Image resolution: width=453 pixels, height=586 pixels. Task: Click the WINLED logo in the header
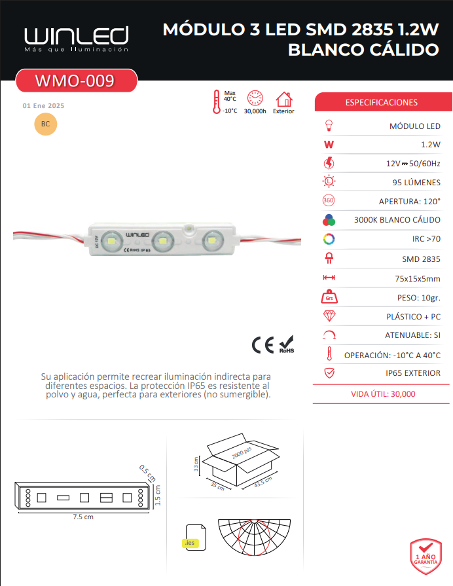(x=77, y=39)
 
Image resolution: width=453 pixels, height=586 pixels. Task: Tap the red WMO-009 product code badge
(x=76, y=81)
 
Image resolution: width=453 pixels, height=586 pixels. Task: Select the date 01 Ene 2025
(x=43, y=106)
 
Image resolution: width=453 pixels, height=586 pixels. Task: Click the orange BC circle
(x=46, y=124)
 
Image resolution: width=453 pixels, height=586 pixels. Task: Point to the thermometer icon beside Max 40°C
(x=217, y=101)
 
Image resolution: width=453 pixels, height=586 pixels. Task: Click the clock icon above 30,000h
(x=255, y=98)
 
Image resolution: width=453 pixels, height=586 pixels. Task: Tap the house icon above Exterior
(x=284, y=100)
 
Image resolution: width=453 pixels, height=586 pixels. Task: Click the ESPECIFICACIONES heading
(x=381, y=102)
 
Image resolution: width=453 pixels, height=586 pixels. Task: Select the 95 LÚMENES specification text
(x=416, y=183)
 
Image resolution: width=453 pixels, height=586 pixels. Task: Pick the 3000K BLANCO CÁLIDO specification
(x=397, y=220)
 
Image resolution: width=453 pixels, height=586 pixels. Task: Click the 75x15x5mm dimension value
(x=418, y=278)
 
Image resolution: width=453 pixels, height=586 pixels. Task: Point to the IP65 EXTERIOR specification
(x=413, y=373)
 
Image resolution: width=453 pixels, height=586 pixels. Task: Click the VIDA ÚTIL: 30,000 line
(x=383, y=394)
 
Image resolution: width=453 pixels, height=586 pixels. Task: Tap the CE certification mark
(x=263, y=345)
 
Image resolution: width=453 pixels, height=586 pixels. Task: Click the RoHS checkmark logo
(x=287, y=344)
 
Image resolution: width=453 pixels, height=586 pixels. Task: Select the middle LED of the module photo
(x=163, y=241)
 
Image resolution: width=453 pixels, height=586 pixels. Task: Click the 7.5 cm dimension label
(x=83, y=517)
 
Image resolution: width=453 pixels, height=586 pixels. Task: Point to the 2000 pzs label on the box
(x=242, y=452)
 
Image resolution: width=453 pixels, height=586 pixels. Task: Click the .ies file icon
(x=196, y=538)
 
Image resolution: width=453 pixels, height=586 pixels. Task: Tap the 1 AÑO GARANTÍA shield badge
(x=426, y=557)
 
